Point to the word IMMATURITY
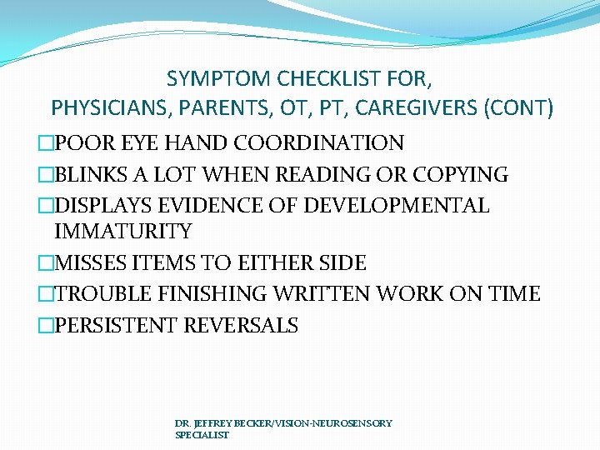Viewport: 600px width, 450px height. [x=122, y=232]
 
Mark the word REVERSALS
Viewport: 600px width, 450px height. [x=241, y=325]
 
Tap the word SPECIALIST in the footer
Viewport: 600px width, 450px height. [x=202, y=435]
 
